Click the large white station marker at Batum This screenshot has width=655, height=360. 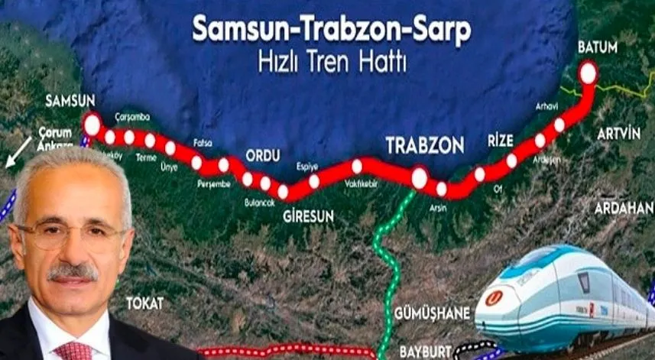pos(588,73)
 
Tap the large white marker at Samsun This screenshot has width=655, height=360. pos(92,124)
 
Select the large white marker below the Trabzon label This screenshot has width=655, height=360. pos(419,178)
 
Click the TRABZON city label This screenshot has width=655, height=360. pos(424,145)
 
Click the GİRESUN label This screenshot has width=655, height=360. pos(308,216)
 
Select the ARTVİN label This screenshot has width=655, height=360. pos(618,133)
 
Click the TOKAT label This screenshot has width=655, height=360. pos(145,303)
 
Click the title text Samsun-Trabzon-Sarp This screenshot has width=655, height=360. pos(331,29)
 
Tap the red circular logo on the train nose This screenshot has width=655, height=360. pos(494,298)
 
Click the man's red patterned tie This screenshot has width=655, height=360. pos(73,351)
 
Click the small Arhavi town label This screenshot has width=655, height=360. pos(546,106)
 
